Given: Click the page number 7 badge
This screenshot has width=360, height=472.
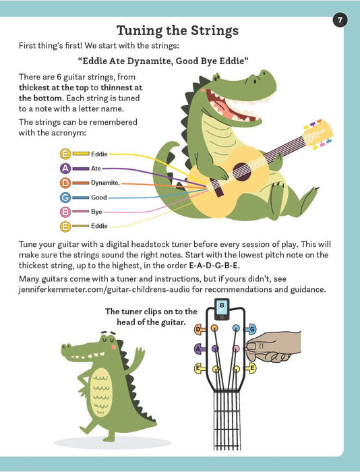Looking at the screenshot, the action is coord(340,20).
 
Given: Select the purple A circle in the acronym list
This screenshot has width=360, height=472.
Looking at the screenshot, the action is coord(65,169).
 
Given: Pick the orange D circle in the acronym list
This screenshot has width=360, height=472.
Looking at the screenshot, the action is coord(65,183).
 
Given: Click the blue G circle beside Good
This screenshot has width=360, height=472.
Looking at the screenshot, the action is coord(65,198).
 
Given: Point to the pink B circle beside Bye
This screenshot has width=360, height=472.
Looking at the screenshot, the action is coord(65,212).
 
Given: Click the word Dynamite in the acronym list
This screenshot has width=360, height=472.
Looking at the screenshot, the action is coord(104,183).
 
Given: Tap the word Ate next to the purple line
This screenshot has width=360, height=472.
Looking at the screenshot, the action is coord(96,169).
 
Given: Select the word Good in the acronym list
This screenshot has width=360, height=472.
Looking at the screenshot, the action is coord(99,198).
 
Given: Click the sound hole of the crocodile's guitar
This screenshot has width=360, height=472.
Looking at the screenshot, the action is coord(242,171).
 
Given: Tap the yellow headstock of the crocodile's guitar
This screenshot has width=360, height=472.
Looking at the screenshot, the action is coord(318,134).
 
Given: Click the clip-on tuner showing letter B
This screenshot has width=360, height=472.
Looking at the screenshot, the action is coord(222,309).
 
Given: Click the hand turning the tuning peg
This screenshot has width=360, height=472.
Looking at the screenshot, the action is coord(273,346).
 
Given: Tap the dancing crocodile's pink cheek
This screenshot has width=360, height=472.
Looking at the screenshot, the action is coord(113,347).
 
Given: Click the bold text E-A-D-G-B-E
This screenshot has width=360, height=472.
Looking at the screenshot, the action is coord(214,266).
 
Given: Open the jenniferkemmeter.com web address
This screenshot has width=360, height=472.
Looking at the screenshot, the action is coord(104,289).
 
